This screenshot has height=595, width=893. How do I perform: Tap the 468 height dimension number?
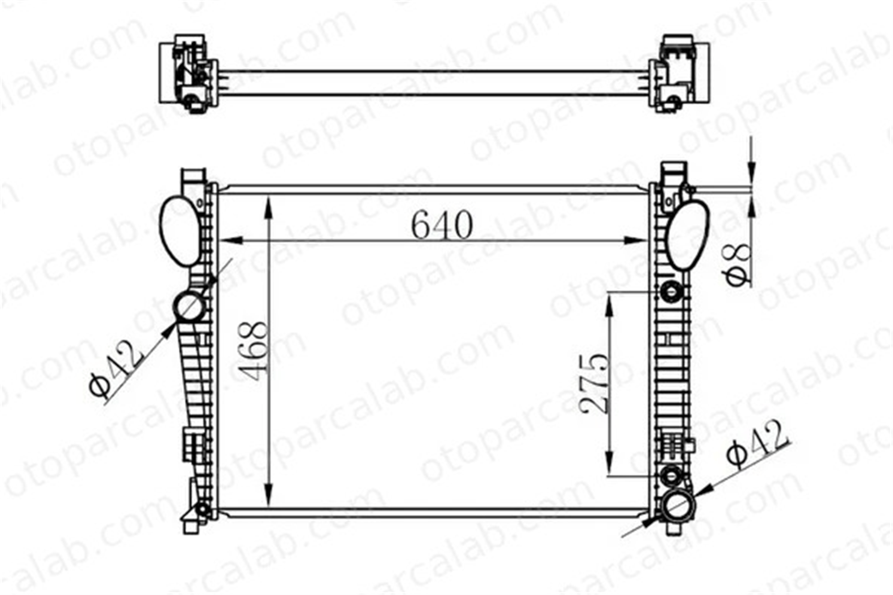point(253,351)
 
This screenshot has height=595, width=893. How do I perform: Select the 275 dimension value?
point(594,383)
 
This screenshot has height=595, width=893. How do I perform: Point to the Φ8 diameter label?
point(737,264)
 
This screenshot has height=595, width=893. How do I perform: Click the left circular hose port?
point(190,307)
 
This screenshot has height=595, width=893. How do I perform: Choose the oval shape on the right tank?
point(688,235)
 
